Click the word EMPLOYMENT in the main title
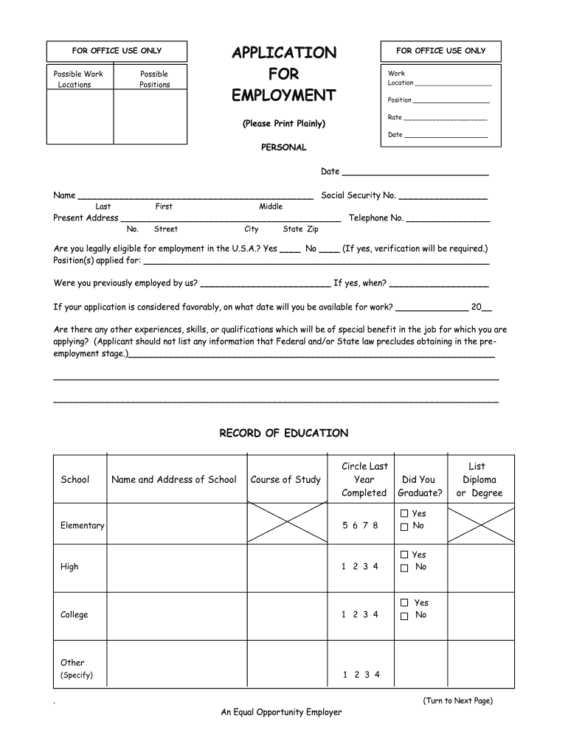283,96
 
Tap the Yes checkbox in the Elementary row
404,513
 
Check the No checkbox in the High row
404,568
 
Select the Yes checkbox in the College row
404,603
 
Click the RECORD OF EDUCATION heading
283,434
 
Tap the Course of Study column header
285,480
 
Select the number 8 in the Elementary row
375,526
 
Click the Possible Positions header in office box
154,80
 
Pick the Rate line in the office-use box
446,118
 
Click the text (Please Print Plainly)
283,123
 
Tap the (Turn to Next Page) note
457,700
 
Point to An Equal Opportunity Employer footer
281,712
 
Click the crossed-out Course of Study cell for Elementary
285,523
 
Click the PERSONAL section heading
283,147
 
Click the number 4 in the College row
375,615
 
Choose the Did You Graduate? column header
420,487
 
